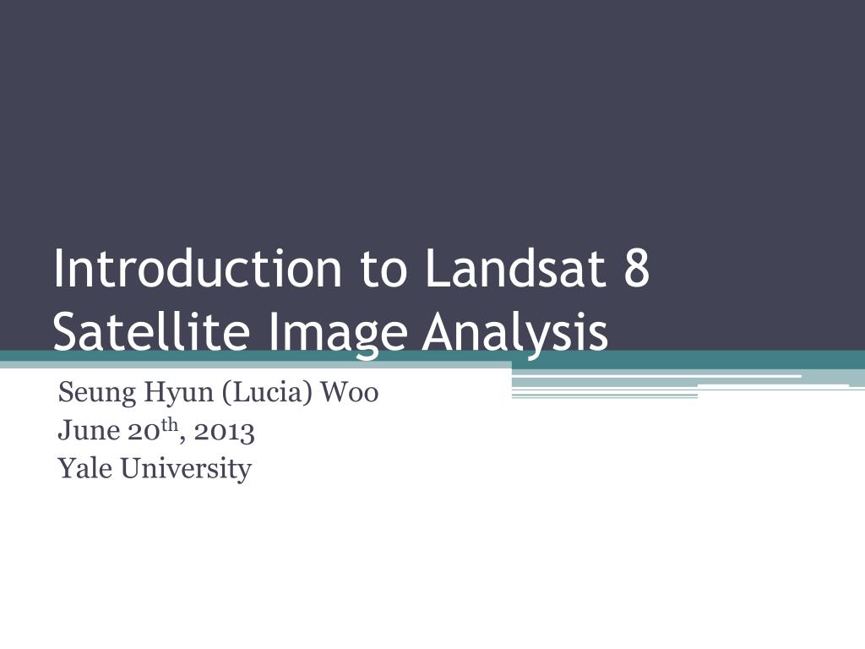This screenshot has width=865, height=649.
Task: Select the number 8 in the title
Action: (x=637, y=270)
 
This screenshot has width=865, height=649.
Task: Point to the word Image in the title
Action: (x=338, y=335)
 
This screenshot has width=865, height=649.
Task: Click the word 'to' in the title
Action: (x=384, y=271)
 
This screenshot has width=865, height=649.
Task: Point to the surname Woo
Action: (x=350, y=392)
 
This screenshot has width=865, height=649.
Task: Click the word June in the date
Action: (x=88, y=430)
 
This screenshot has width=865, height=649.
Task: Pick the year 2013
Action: (x=224, y=432)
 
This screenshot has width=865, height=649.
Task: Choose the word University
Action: (x=186, y=470)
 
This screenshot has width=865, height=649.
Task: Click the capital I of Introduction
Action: (x=57, y=270)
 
